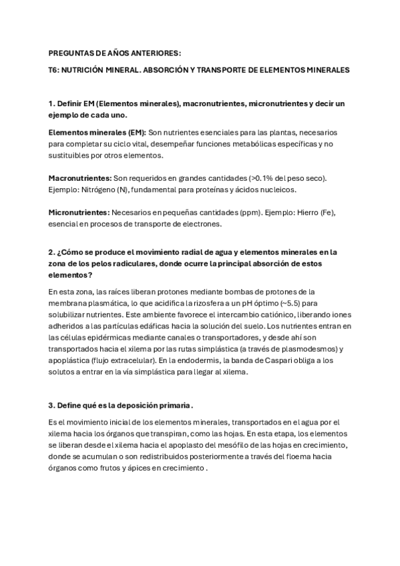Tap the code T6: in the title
pos(55,69)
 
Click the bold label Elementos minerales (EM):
pos(97,132)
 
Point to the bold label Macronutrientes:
pos(80,178)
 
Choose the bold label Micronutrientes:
pos(79,212)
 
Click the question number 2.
pos(51,252)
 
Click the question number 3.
pos(51,406)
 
